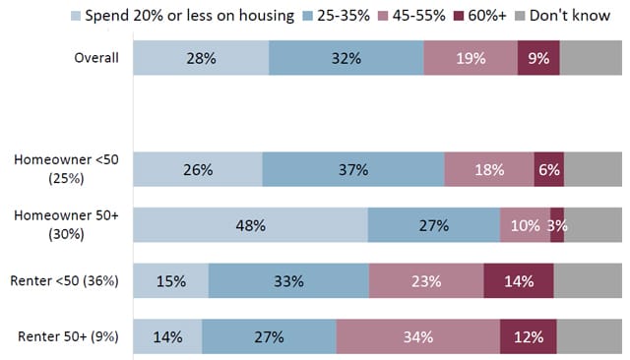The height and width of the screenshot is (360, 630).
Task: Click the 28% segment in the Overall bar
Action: (x=201, y=58)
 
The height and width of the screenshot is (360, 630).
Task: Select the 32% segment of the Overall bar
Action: (x=346, y=58)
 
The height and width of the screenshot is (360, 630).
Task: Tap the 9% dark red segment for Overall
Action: (x=538, y=58)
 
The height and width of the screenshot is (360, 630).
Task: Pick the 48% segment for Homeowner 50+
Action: (x=250, y=225)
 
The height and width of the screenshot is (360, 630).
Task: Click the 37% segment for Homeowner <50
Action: (x=352, y=169)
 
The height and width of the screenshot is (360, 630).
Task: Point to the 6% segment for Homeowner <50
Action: (x=549, y=169)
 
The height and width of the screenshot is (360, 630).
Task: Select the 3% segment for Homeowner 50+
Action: (x=557, y=225)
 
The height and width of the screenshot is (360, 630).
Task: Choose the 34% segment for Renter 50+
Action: (x=417, y=337)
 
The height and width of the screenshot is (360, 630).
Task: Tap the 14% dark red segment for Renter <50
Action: (x=519, y=280)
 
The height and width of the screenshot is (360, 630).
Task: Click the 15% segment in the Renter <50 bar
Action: (x=170, y=280)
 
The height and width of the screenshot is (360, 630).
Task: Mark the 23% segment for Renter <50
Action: (x=426, y=280)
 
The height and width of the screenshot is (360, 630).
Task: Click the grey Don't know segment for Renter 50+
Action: (x=590, y=337)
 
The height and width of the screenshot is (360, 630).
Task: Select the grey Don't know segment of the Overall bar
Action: (x=591, y=58)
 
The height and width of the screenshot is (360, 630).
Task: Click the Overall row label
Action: (x=96, y=58)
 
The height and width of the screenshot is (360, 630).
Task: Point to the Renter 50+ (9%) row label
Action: (x=68, y=337)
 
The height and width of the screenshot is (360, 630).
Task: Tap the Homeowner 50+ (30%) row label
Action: (x=67, y=225)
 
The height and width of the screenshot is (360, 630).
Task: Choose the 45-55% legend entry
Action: (x=414, y=16)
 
